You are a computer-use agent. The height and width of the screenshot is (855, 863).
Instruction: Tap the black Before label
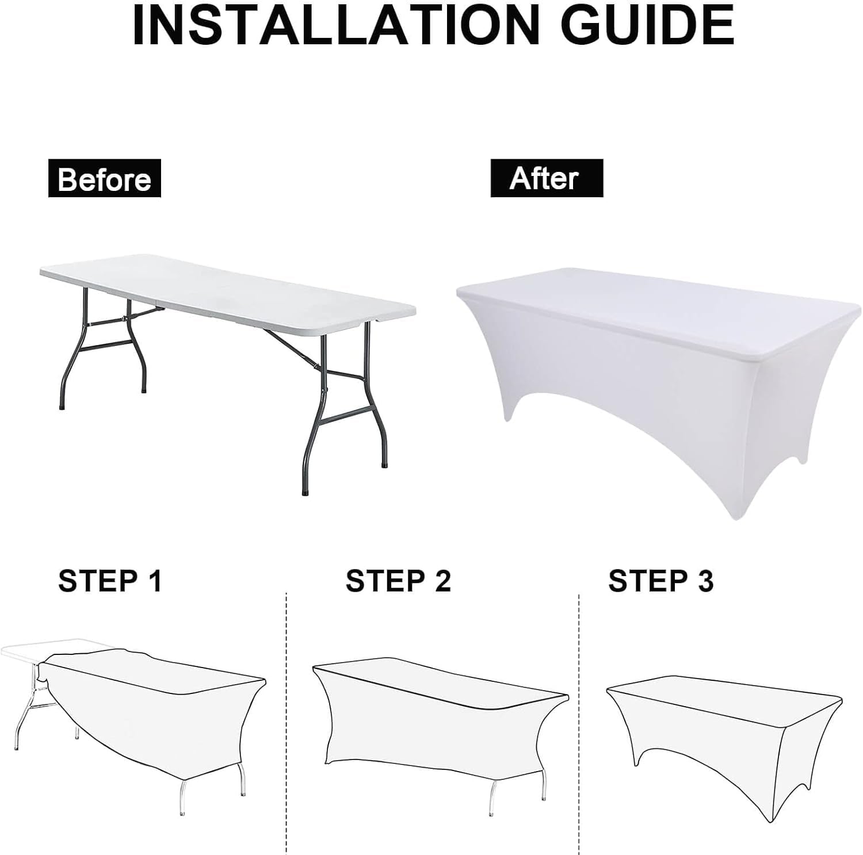click(x=104, y=179)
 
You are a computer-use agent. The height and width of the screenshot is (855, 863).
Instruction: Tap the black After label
click(x=547, y=178)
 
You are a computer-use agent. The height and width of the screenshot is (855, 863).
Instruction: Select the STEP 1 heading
click(x=110, y=581)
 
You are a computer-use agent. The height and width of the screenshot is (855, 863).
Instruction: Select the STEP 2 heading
click(x=398, y=581)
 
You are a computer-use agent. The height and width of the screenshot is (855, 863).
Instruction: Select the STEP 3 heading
click(x=661, y=581)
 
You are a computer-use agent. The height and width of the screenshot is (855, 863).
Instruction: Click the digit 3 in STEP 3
click(x=706, y=581)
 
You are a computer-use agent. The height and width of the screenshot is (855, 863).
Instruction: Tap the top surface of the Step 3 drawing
click(x=725, y=697)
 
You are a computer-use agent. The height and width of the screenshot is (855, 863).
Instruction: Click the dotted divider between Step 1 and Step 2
click(x=286, y=723)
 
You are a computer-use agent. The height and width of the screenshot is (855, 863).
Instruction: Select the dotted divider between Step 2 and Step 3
click(x=579, y=723)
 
